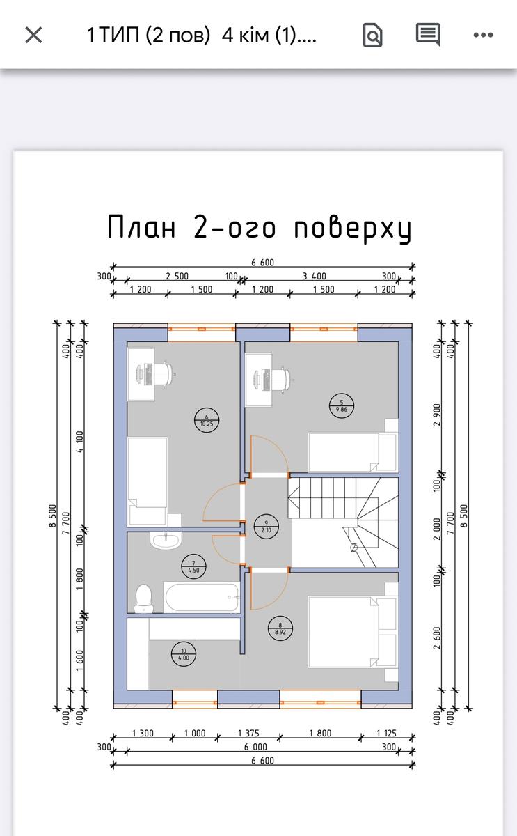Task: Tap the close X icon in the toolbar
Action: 33,36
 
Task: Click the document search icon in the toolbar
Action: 372,35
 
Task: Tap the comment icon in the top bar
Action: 428,35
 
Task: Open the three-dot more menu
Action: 483,35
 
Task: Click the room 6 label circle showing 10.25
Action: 207,420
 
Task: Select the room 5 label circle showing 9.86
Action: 342,405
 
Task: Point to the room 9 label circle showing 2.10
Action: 266,527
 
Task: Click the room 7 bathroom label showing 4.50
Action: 193,566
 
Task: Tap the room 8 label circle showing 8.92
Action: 280,628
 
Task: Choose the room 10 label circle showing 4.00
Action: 184,654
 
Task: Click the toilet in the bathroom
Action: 143,598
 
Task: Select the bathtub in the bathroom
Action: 201,597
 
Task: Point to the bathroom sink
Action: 166,540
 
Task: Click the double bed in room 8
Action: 352,631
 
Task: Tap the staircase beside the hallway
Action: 343,522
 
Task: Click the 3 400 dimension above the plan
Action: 315,276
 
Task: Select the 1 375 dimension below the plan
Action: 248,733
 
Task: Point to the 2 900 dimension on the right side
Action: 437,415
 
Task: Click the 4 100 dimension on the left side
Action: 79,442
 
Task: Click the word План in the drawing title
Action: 142,226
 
